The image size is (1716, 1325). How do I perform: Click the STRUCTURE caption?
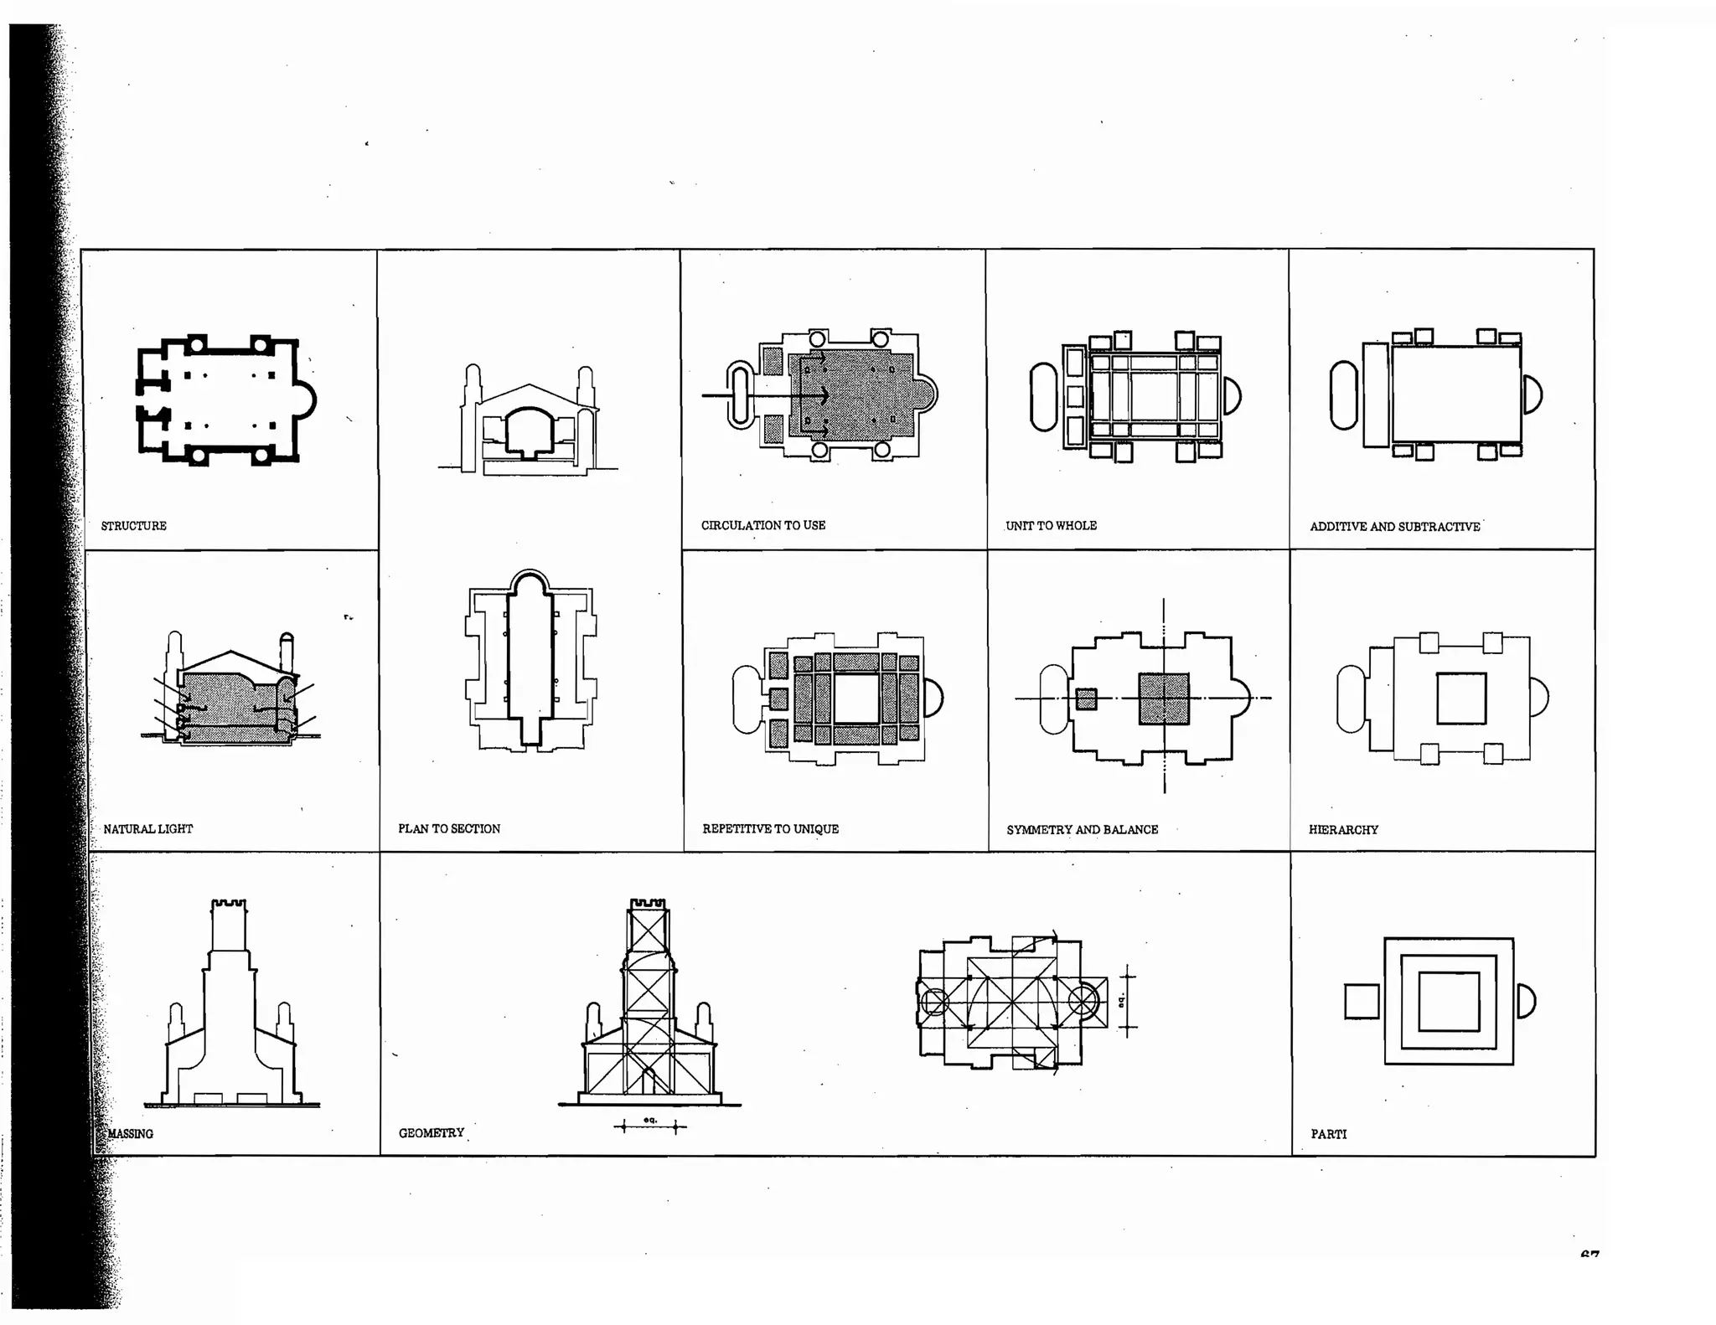[x=133, y=526]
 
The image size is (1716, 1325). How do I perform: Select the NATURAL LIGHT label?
[x=147, y=829]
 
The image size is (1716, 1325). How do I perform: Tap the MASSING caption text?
[x=131, y=1134]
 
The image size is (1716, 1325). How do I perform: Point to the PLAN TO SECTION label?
[x=449, y=829]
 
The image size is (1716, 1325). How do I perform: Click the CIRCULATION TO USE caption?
[x=762, y=525]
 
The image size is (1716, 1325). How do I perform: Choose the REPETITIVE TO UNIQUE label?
[x=770, y=829]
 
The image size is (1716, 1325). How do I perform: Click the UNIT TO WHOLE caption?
[x=1051, y=526]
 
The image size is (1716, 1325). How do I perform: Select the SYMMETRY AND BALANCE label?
[x=1082, y=830]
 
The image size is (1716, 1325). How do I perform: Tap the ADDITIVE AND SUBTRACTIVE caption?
[x=1394, y=527]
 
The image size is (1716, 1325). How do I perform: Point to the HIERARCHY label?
[x=1343, y=830]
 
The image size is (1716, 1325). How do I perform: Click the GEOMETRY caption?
[x=431, y=1133]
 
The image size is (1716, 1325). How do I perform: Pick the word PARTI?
[x=1328, y=1134]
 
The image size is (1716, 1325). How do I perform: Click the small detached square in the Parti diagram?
[x=1362, y=1002]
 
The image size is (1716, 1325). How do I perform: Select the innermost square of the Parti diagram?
[x=1449, y=1002]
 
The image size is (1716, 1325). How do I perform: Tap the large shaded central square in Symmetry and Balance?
[x=1163, y=699]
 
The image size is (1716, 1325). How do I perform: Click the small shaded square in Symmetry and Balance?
[x=1086, y=699]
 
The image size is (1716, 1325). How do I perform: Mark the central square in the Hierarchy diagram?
[x=1461, y=699]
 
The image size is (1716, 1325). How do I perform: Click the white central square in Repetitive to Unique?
[x=855, y=699]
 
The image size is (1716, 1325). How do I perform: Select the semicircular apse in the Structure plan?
[x=306, y=401]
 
